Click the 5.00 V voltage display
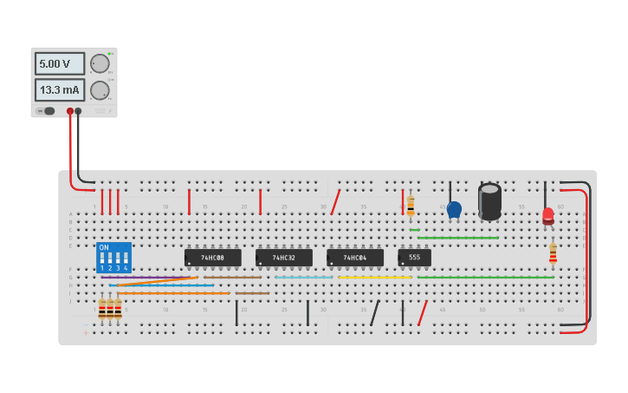(x=60, y=63)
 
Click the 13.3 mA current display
(x=60, y=90)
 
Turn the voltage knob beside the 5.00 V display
(x=100, y=63)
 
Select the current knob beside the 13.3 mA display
(x=100, y=90)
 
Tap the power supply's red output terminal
(x=70, y=111)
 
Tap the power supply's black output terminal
(x=79, y=111)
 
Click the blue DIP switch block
(x=113, y=258)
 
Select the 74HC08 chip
(x=212, y=258)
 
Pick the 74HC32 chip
(x=283, y=258)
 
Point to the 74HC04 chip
(x=354, y=258)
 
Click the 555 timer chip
(x=414, y=258)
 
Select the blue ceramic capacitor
(x=454, y=209)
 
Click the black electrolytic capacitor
(x=489, y=201)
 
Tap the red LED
(x=548, y=215)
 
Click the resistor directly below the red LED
(x=553, y=252)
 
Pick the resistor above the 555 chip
(x=411, y=206)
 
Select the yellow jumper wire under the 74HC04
(x=374, y=278)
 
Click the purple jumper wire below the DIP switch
(x=147, y=278)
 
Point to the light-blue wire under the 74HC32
(x=303, y=278)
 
